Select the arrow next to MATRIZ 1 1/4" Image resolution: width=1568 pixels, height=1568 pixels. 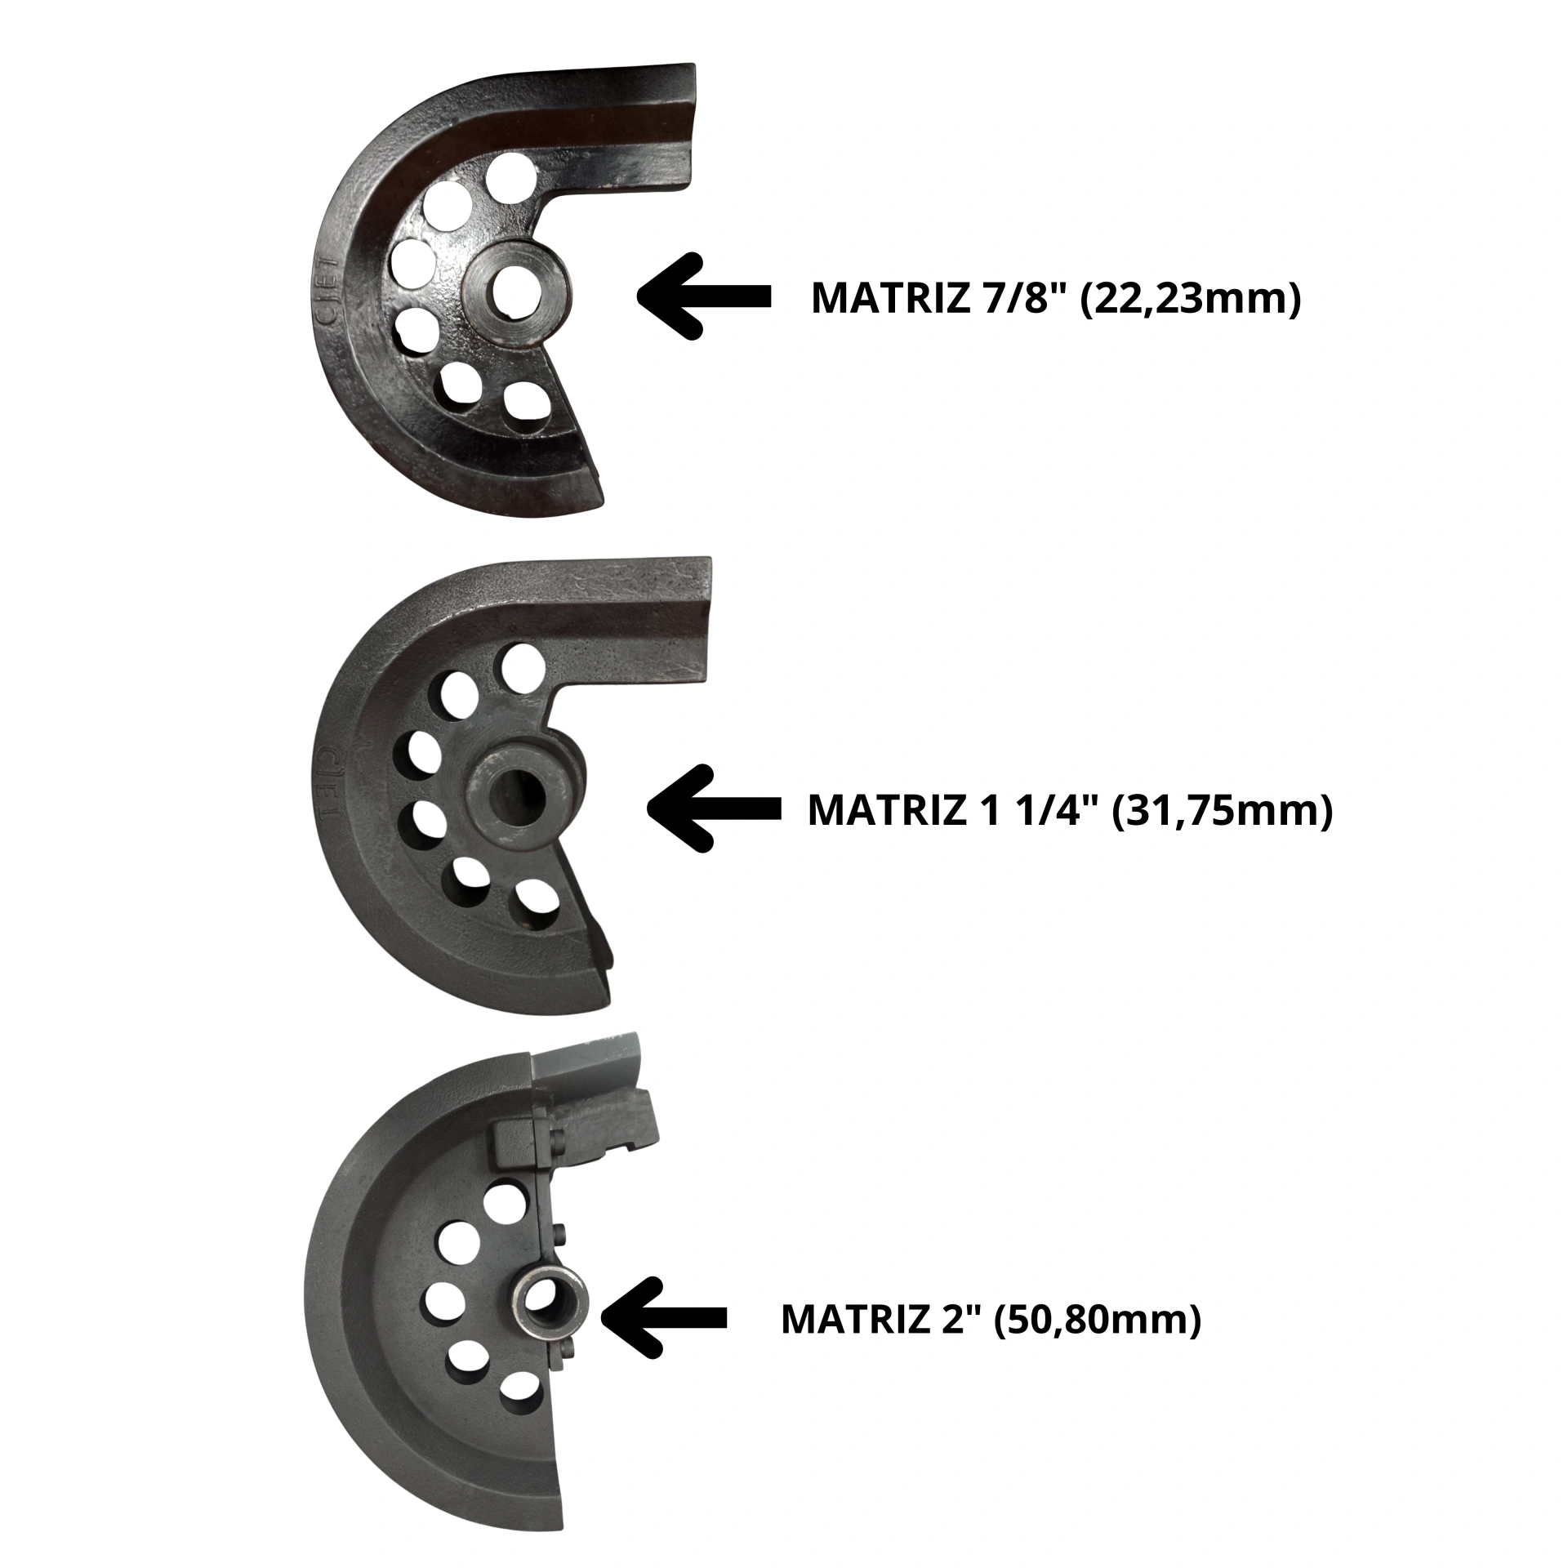(x=713, y=808)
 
